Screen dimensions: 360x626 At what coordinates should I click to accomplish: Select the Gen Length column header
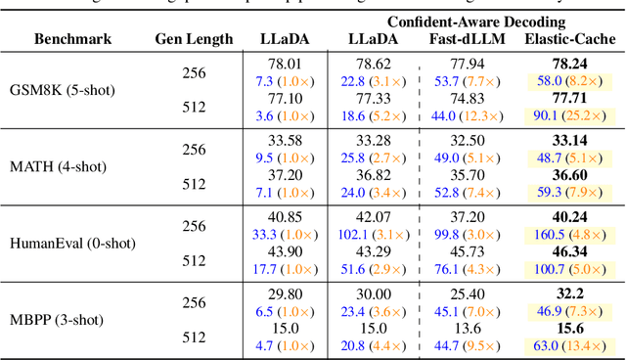tap(194, 39)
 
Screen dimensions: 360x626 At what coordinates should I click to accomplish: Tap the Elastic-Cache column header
tap(570, 39)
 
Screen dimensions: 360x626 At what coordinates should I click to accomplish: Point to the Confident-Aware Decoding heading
tap(476, 20)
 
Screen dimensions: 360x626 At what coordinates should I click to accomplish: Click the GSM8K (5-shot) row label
tap(67, 89)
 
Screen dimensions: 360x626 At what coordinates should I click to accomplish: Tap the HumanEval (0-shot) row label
tap(74, 243)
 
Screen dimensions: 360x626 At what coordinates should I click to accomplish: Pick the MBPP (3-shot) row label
tap(63, 319)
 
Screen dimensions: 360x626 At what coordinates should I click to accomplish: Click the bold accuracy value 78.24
tap(570, 64)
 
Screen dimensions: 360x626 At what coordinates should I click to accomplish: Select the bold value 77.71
tap(570, 100)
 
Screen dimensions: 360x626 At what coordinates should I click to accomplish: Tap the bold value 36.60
tap(570, 176)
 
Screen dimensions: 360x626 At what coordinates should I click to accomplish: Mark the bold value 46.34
tap(570, 252)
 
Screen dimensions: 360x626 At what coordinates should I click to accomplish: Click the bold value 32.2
tap(570, 292)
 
